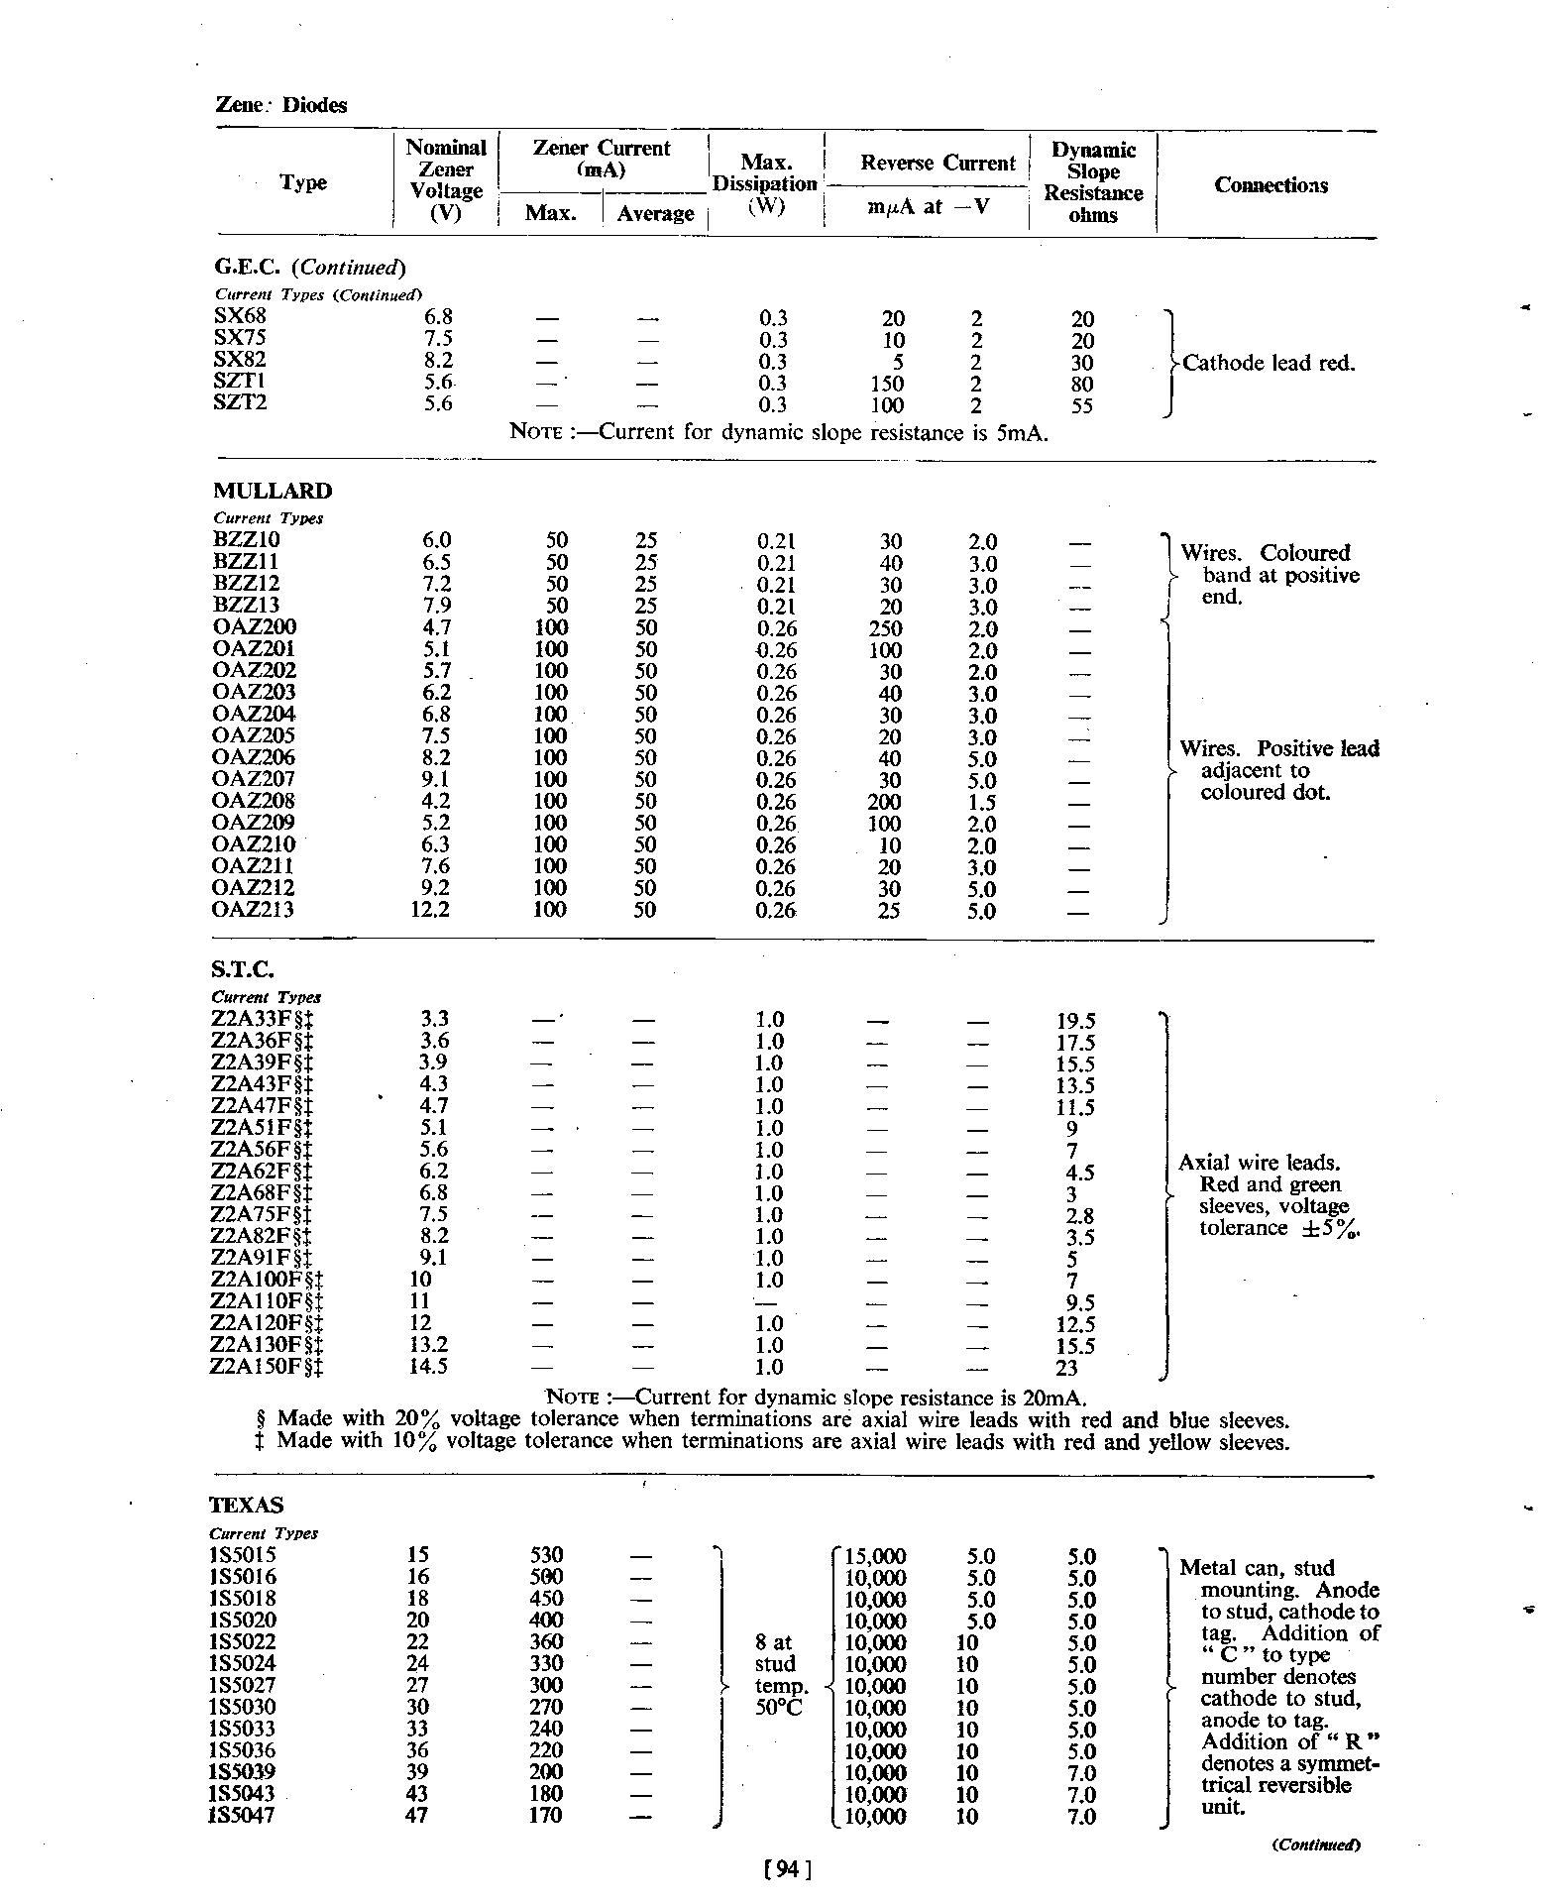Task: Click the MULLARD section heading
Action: [x=273, y=492]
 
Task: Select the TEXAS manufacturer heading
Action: [x=247, y=1506]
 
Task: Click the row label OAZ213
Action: [x=253, y=909]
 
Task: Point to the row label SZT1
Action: [x=240, y=383]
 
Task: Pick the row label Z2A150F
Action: [x=268, y=1368]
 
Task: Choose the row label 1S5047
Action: [x=243, y=1816]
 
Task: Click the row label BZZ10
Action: [x=247, y=540]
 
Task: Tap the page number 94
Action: [x=789, y=1869]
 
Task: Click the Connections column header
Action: [x=1270, y=185]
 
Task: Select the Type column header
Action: [x=303, y=183]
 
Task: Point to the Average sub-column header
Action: [x=655, y=214]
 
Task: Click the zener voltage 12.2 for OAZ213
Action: [x=430, y=909]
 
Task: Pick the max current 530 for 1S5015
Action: [x=547, y=1556]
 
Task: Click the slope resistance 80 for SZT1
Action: [x=1082, y=384]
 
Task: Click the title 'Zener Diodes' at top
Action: [x=281, y=106]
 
